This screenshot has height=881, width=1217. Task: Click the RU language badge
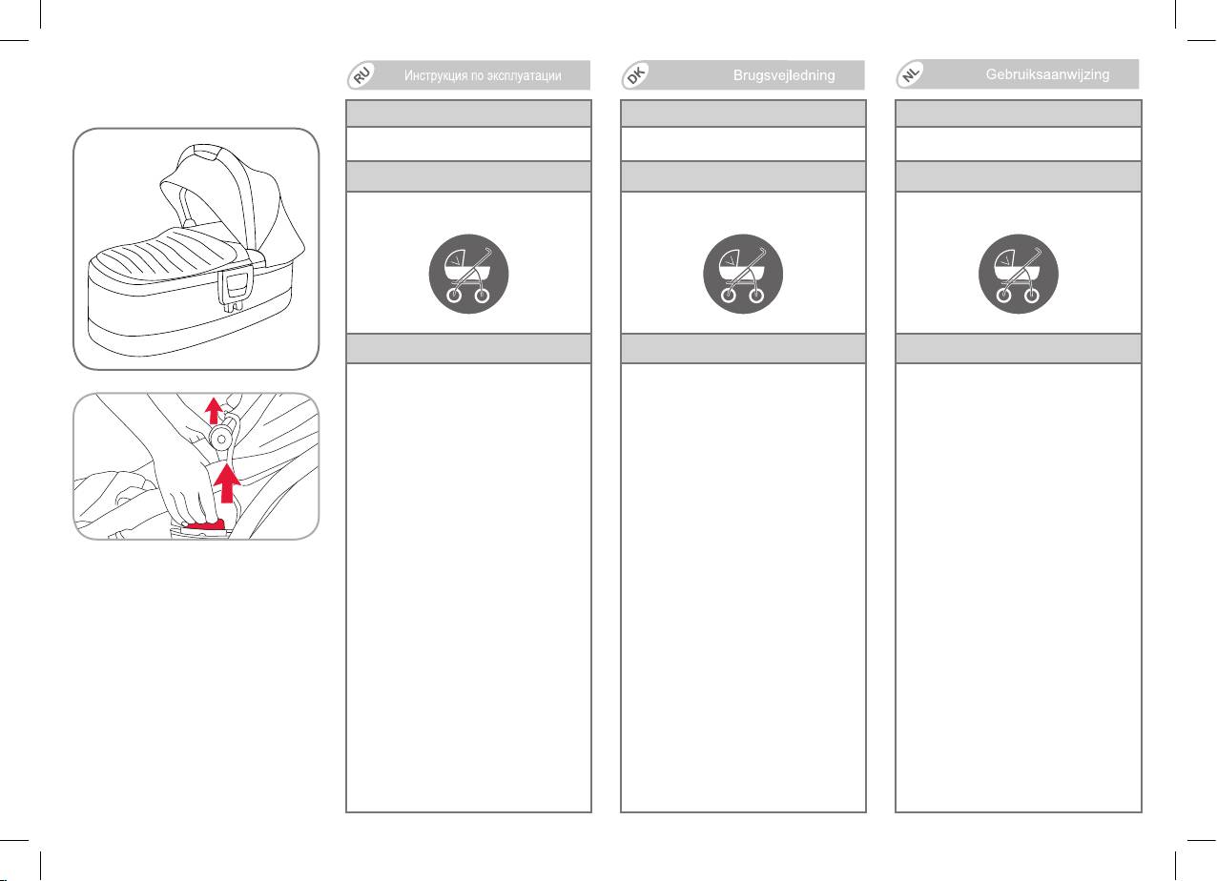point(362,75)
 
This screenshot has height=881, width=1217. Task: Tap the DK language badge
point(636,75)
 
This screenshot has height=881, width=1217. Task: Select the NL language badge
point(911,73)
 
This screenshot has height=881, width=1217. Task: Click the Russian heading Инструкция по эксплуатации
point(483,75)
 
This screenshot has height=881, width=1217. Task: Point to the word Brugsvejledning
point(784,75)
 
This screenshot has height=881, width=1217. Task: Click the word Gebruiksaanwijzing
point(1047,74)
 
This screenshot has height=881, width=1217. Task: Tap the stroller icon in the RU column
point(469,274)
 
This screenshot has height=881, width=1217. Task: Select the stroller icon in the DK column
point(743,274)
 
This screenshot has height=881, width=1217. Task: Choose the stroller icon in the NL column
point(1019,274)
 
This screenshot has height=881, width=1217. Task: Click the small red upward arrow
point(214,410)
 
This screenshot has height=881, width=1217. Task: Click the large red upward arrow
point(227,483)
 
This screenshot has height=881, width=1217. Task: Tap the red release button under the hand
point(204,525)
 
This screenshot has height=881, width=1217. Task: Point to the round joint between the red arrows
point(221,438)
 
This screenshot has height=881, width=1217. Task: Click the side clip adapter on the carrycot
point(235,290)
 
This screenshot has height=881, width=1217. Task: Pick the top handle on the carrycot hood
point(205,152)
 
